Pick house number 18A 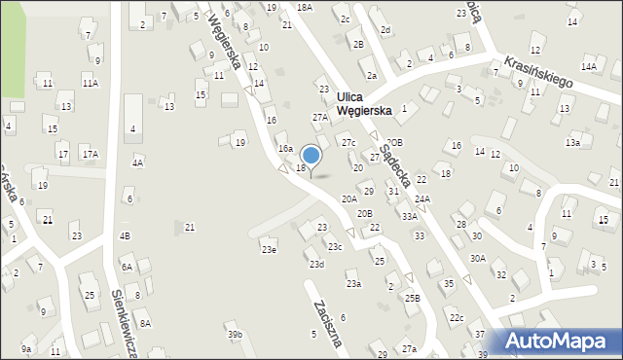pyautogui.click(x=305, y=7)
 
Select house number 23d pyautogui.click(x=316, y=264)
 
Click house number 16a pyautogui.click(x=285, y=148)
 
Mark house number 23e pyautogui.click(x=268, y=249)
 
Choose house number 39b pyautogui.click(x=235, y=335)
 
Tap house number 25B pyautogui.click(x=413, y=298)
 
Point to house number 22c pyautogui.click(x=456, y=318)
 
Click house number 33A pyautogui.click(x=410, y=217)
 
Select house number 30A pyautogui.click(x=477, y=258)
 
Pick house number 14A pyautogui.click(x=589, y=66)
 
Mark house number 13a pyautogui.click(x=572, y=142)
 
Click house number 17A pyautogui.click(x=90, y=154)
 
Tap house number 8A pyautogui.click(x=144, y=323)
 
